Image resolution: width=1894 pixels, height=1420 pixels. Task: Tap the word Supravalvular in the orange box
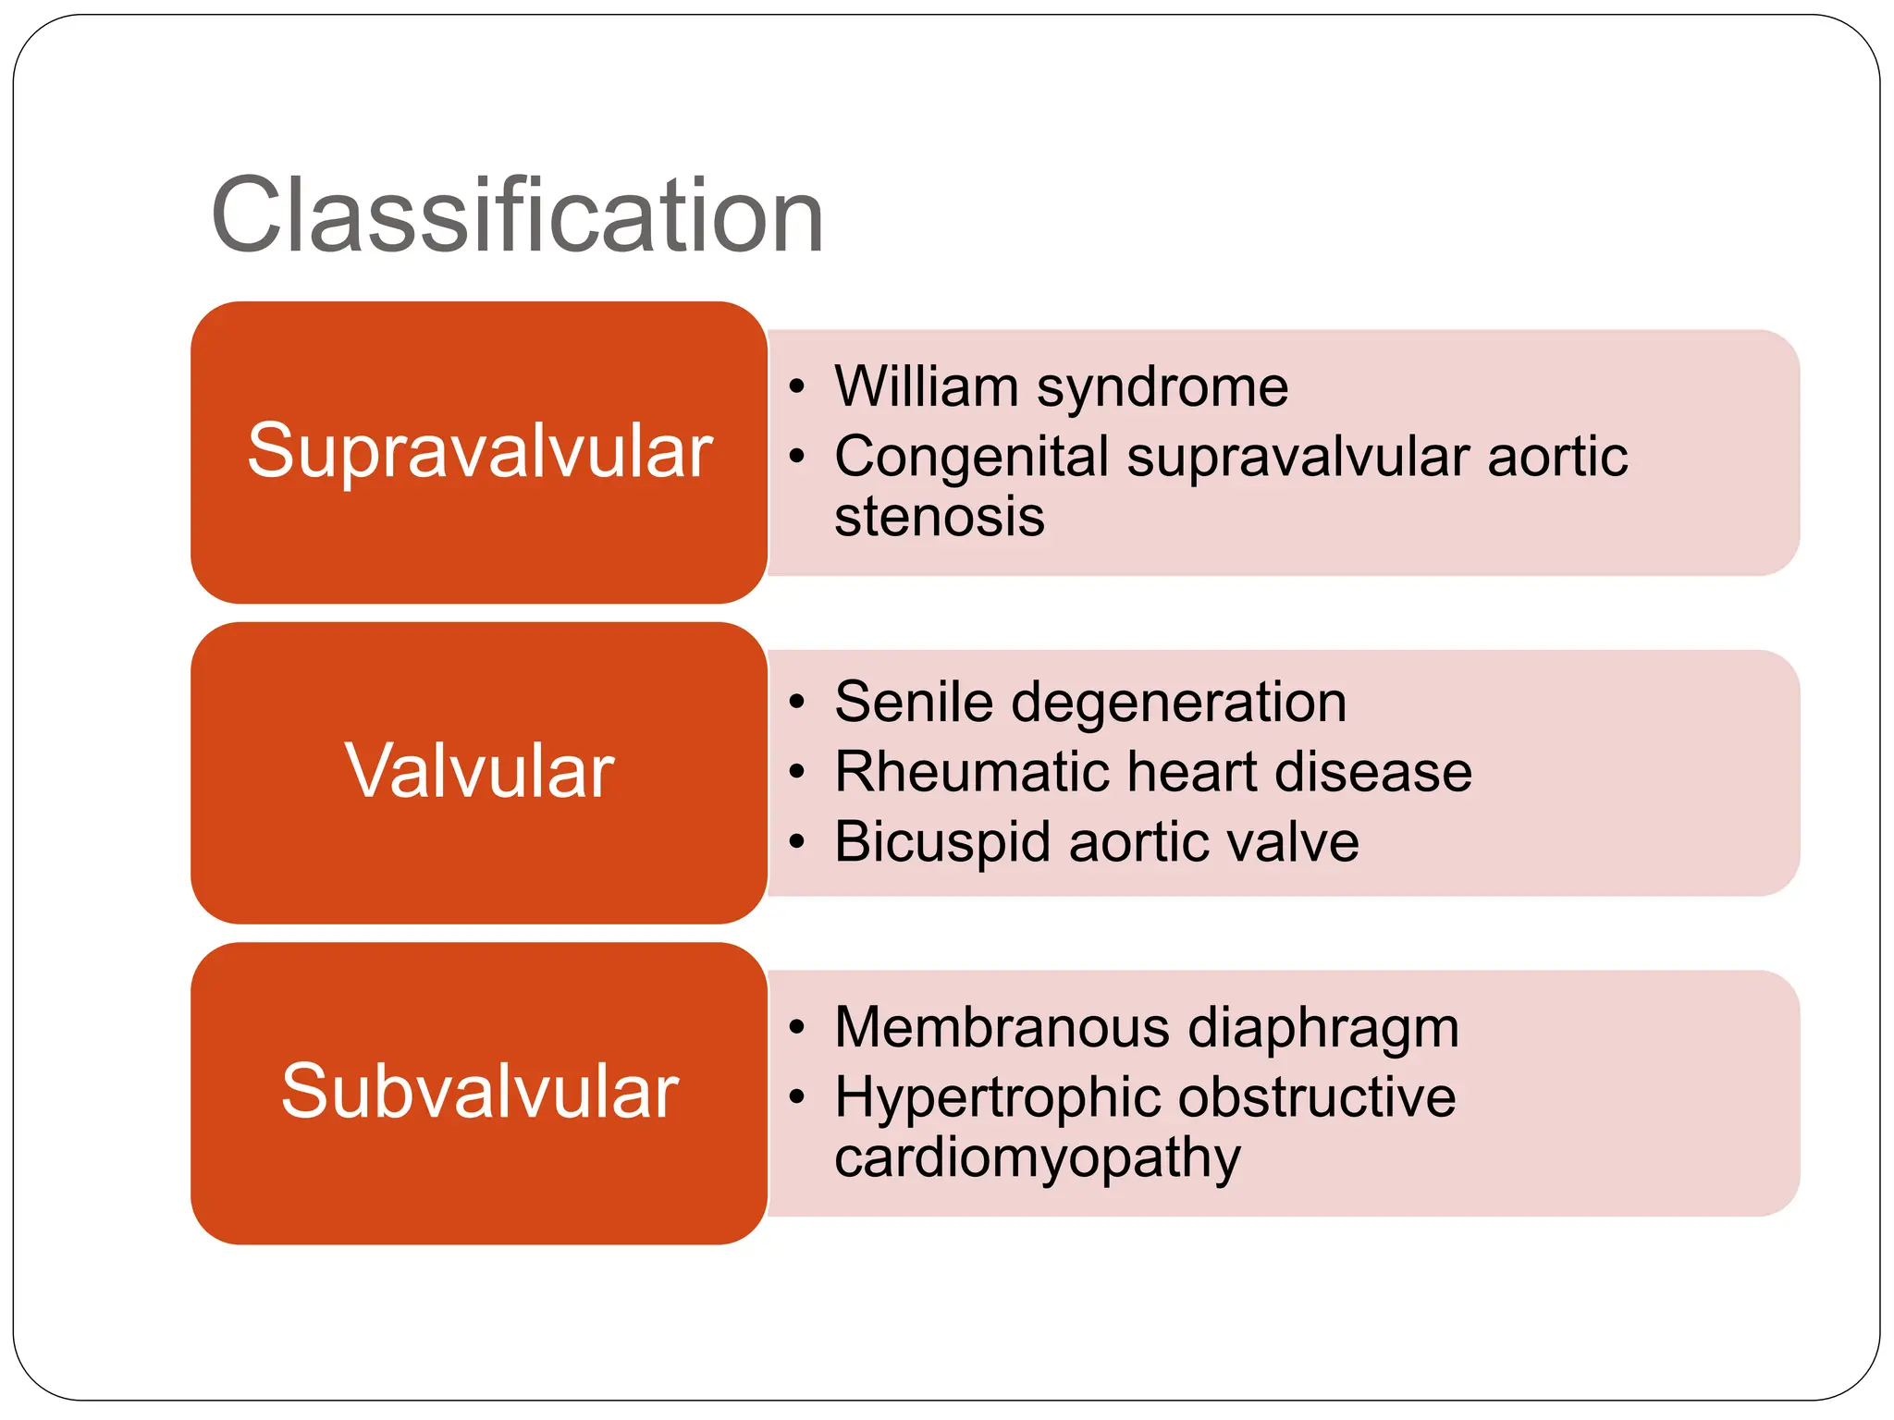(479, 451)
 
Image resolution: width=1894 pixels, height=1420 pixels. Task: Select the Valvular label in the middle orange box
(479, 771)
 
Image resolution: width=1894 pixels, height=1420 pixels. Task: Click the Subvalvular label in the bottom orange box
(479, 1092)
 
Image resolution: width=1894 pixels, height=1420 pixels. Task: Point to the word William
(926, 386)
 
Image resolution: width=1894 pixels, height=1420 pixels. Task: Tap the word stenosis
(939, 516)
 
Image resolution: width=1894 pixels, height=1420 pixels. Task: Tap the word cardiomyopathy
(1037, 1157)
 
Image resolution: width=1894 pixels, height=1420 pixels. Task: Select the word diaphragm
(1322, 1029)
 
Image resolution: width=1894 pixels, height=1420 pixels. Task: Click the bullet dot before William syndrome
(797, 386)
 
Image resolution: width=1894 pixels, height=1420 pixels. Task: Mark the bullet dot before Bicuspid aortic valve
(797, 842)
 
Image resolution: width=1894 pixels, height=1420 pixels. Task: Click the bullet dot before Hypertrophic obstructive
(797, 1097)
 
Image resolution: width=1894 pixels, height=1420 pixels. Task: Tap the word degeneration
(1179, 704)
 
